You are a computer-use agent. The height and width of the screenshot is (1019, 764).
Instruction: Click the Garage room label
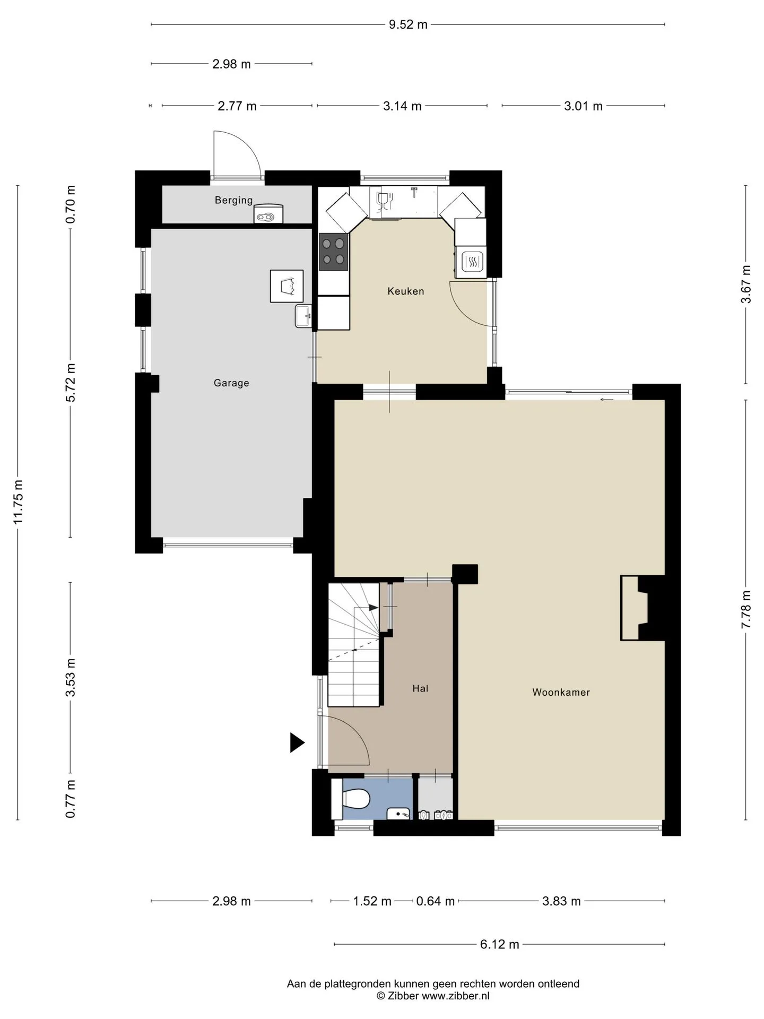[x=231, y=383]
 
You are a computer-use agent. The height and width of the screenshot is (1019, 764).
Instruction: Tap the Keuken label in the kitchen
[x=406, y=291]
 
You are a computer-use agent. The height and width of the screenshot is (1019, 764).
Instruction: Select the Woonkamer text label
[x=561, y=692]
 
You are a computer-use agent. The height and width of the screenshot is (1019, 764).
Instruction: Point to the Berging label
[x=234, y=200]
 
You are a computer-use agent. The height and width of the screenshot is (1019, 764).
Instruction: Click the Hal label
[x=420, y=688]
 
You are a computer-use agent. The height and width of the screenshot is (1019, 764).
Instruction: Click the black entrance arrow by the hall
[x=297, y=742]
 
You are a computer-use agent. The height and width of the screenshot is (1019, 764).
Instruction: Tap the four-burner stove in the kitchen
[x=333, y=252]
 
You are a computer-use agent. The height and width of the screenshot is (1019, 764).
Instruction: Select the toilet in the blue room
[x=351, y=798]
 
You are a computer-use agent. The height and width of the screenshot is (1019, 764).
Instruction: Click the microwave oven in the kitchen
[x=471, y=261]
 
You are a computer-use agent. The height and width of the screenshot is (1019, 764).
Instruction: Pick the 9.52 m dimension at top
[x=408, y=24]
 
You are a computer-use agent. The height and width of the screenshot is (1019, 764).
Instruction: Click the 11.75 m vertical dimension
[x=19, y=502]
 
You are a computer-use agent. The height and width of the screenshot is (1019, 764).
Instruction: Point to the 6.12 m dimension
[x=499, y=944]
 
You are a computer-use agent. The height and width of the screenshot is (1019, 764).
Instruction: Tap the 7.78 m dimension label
[x=746, y=609]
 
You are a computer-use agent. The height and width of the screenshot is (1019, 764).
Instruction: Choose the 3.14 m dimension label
[x=402, y=106]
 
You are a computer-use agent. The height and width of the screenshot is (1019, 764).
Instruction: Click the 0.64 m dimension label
[x=436, y=901]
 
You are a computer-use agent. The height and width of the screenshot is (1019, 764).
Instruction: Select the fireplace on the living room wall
[x=643, y=608]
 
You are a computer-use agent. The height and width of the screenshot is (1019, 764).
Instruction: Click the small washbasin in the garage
[x=304, y=316]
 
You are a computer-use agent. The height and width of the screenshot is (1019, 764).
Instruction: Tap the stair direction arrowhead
[x=374, y=608]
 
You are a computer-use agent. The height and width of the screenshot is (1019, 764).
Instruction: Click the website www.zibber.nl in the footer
[x=456, y=996]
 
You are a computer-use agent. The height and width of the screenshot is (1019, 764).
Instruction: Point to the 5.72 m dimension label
[x=71, y=383]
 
